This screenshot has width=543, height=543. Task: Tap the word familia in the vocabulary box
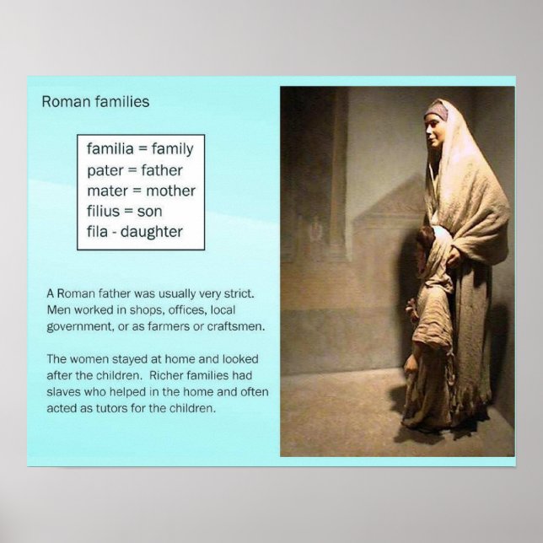click(x=110, y=149)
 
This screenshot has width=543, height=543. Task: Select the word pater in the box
click(x=105, y=170)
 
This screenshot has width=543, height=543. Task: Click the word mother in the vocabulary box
click(x=170, y=191)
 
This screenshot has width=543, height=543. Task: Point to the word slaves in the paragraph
click(x=67, y=394)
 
